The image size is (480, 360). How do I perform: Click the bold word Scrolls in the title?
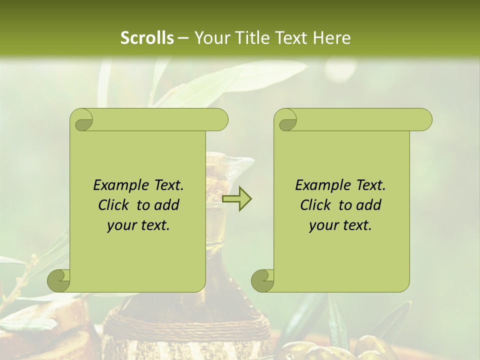click(147, 37)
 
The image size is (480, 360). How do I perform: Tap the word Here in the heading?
click(332, 37)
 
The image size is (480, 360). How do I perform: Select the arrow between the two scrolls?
click(237, 199)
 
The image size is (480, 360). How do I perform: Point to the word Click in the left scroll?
click(113, 205)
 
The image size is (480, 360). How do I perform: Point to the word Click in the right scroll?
click(315, 205)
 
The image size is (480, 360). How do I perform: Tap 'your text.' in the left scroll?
click(138, 225)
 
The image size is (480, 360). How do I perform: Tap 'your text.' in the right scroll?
click(340, 225)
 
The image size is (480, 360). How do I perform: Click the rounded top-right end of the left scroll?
click(220, 119)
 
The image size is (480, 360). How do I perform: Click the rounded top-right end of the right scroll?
click(424, 119)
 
